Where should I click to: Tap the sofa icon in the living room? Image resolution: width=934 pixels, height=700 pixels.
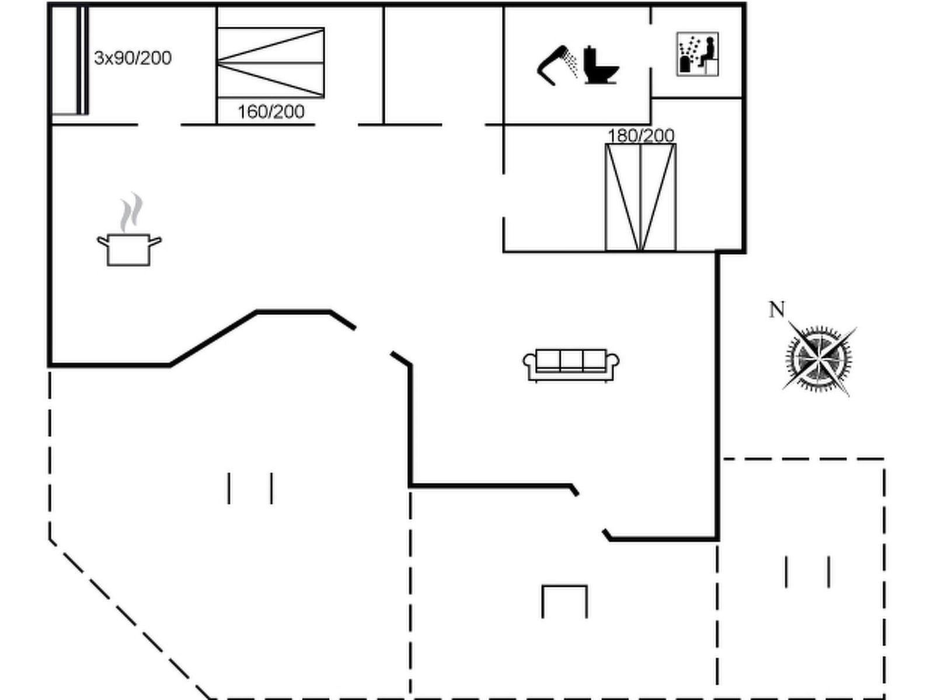(571, 366)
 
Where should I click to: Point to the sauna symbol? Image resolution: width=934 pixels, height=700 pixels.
(698, 54)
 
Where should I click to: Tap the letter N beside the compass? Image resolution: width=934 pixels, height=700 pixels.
(776, 310)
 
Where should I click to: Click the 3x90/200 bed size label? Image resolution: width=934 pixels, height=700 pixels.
(133, 58)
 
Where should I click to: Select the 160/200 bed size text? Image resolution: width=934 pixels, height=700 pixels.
(271, 111)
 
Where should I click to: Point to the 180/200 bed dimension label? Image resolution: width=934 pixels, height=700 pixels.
(641, 136)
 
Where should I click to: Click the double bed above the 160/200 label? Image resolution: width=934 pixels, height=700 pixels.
(271, 62)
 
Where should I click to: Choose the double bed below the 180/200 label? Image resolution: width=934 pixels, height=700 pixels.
(640, 197)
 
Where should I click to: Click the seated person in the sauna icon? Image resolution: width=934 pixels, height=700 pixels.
(708, 52)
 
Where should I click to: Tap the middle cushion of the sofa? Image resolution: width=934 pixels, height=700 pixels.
(571, 360)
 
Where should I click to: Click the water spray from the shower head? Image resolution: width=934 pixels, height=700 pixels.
(573, 63)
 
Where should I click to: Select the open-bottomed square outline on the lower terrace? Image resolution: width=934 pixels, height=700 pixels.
(564, 601)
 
